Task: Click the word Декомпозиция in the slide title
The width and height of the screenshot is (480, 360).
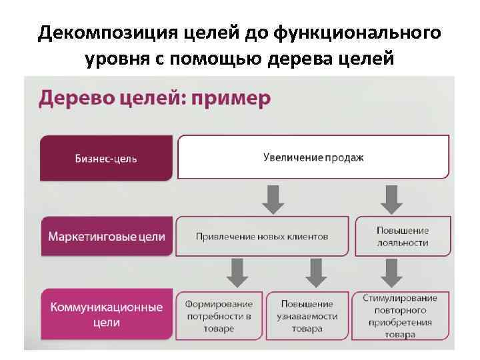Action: coord(95,33)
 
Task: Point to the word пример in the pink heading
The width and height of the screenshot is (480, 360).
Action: coord(230,99)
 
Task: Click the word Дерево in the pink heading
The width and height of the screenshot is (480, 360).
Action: coord(74,99)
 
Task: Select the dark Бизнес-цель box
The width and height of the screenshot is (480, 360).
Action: coord(106,158)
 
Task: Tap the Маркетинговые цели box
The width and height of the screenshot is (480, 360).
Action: coord(106,237)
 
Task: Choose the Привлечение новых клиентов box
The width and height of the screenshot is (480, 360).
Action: coord(261,237)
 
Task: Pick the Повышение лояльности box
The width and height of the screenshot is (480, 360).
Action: coord(402,237)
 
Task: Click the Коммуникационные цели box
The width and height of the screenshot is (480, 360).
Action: coord(106,315)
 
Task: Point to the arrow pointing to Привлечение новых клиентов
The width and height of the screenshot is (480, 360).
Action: coord(273,197)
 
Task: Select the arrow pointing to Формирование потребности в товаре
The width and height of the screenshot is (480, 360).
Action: coord(237,271)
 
